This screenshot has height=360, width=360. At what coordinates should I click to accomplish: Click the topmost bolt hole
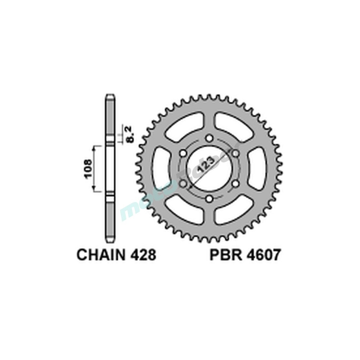209,139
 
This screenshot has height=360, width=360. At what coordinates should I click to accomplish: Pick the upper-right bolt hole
235,154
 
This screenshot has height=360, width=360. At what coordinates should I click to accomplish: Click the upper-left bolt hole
183,154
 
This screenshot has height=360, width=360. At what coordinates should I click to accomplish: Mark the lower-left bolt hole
183,184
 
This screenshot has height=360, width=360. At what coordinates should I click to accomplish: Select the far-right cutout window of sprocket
258,169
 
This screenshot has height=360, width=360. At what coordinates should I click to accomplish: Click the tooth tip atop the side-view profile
111,96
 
